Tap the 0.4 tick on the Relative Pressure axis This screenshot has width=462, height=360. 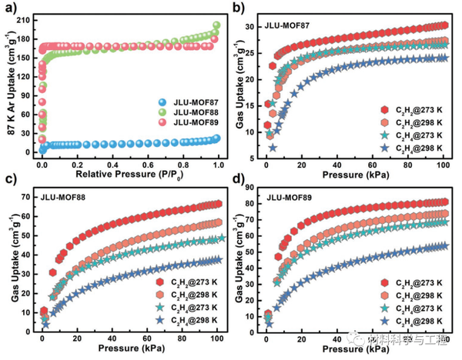[112, 163]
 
